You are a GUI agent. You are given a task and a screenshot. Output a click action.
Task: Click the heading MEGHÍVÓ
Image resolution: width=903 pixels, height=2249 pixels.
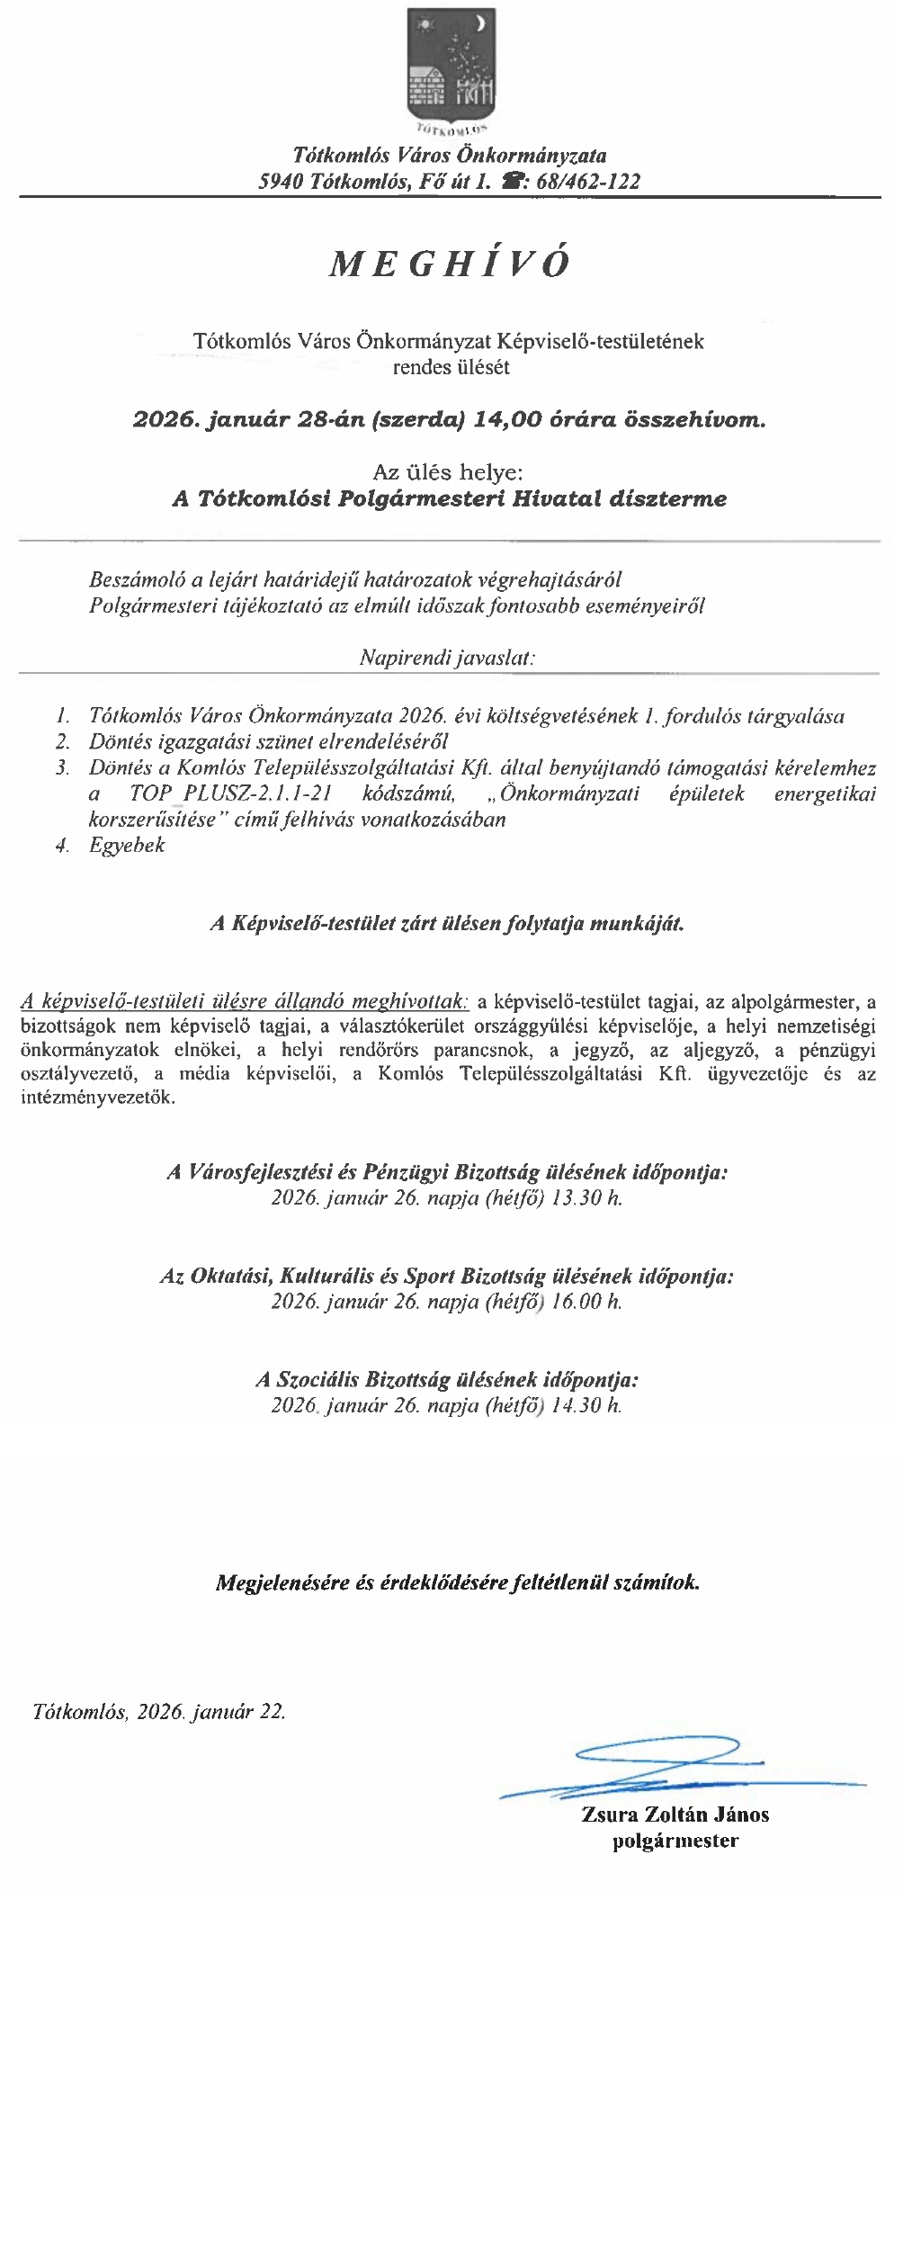(451, 263)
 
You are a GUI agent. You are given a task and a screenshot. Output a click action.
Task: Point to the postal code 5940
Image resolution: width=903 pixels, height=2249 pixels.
(281, 181)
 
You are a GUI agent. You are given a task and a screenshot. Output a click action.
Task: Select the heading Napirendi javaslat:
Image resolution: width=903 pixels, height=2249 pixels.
(447, 658)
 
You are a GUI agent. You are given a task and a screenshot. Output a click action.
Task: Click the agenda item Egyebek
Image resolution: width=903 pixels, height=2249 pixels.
(127, 846)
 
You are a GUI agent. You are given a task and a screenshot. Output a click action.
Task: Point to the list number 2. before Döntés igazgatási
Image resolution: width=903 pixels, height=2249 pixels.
(62, 743)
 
